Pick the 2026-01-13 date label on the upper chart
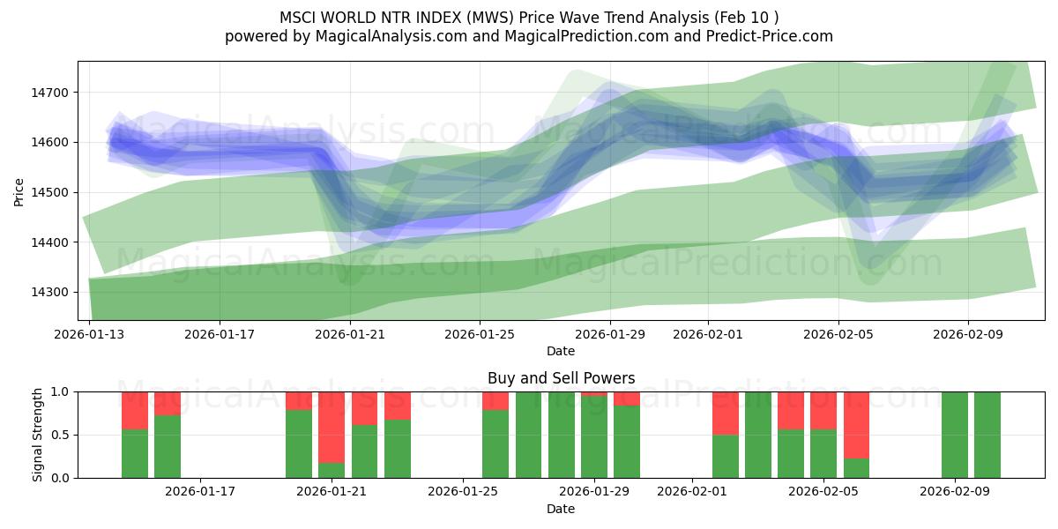click(89, 335)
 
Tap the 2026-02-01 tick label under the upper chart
click(706, 335)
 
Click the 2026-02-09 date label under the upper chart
click(968, 335)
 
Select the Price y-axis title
click(19, 191)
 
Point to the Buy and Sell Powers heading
click(561, 378)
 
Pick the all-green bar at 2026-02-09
click(955, 435)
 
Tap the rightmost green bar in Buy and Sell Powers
click(987, 435)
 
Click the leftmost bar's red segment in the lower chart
click(135, 410)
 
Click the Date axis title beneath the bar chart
click(561, 509)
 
